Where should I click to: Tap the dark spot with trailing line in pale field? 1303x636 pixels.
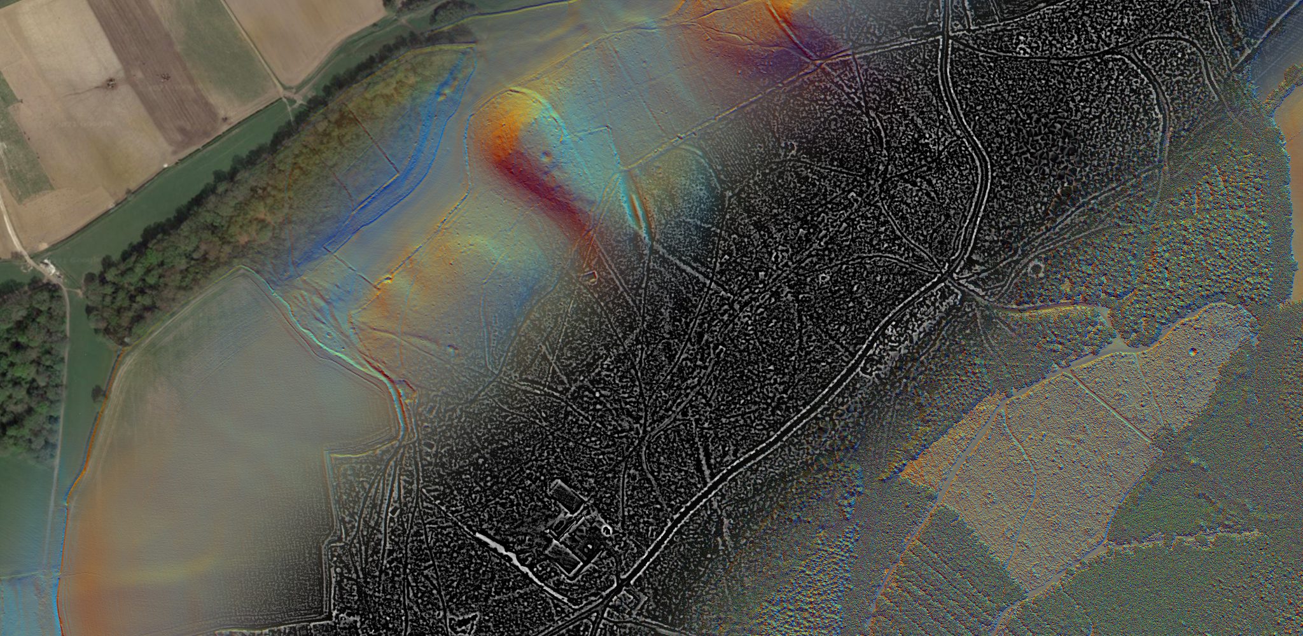(112, 81)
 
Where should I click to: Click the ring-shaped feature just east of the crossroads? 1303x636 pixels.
(1034, 269)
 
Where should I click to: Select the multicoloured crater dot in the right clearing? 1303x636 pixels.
(1193, 350)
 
